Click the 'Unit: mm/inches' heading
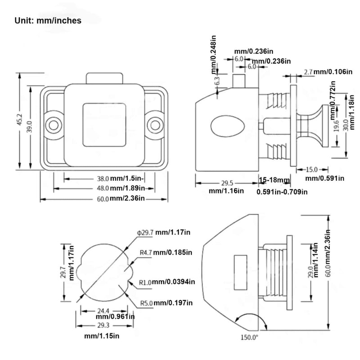(48, 21)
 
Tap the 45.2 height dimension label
(19, 120)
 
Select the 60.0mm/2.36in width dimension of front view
(121, 198)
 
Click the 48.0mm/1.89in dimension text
(121, 188)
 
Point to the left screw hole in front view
(54, 126)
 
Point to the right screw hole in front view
(155, 126)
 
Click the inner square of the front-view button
(104, 125)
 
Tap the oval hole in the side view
(228, 126)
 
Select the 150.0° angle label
(249, 337)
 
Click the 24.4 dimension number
(103, 311)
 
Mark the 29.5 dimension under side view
(227, 183)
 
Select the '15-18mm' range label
(274, 180)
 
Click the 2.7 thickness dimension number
(308, 72)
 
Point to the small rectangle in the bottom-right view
(240, 272)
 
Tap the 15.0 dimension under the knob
(311, 170)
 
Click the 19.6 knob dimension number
(336, 126)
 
